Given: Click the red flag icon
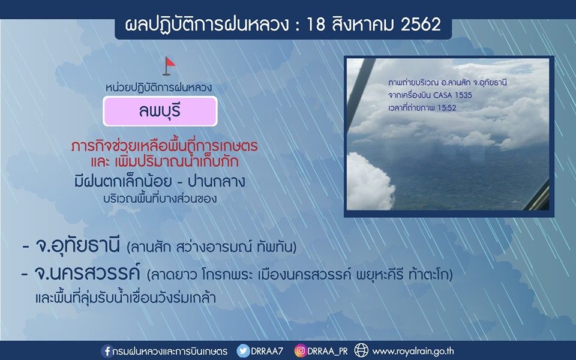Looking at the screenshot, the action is (x=169, y=66).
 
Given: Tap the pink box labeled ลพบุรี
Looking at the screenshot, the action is (x=160, y=111).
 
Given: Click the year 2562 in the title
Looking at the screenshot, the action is (x=421, y=25).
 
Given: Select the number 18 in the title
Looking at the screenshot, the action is (x=316, y=25).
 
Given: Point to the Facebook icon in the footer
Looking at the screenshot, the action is (x=107, y=351).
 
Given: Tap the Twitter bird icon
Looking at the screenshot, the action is (x=243, y=351).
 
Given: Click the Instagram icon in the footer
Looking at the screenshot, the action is (x=300, y=351).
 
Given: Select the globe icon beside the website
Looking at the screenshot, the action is (x=361, y=351).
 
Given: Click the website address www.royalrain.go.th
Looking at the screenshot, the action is (x=413, y=352).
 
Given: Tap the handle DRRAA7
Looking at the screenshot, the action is (x=267, y=351).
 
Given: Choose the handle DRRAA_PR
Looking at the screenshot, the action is (x=328, y=352).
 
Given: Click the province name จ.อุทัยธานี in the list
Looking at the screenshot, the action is (x=77, y=246).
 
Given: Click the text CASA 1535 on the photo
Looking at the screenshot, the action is (x=452, y=95).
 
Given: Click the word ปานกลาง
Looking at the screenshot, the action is (x=216, y=182).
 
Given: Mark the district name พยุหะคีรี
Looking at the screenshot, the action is (x=380, y=274).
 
